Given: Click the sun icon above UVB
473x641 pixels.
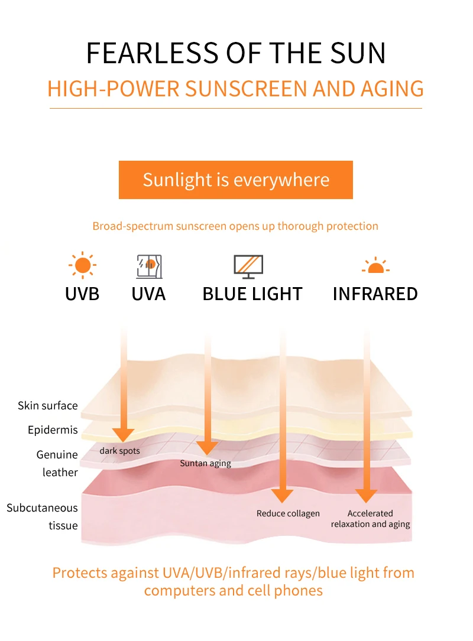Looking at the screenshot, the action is pyautogui.click(x=82, y=265).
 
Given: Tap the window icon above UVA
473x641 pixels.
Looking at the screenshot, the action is pyautogui.click(x=149, y=266).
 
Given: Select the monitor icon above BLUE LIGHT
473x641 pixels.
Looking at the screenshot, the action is pyautogui.click(x=248, y=266).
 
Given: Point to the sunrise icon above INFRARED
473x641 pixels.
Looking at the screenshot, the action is pyautogui.click(x=375, y=265).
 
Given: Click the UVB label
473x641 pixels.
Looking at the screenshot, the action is pyautogui.click(x=82, y=294).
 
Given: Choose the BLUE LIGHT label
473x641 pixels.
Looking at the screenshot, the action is pyautogui.click(x=252, y=294).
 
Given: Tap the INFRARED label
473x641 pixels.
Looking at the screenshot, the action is pyautogui.click(x=375, y=294).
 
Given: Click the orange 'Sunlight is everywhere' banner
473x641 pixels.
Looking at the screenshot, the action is pyautogui.click(x=236, y=180).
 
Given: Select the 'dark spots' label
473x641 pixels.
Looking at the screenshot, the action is pyautogui.click(x=120, y=451).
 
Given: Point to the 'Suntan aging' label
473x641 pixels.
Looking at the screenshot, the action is pyautogui.click(x=205, y=463).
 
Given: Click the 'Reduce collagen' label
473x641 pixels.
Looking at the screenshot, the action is pyautogui.click(x=288, y=513).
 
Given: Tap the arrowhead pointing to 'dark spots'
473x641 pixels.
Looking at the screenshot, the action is pyautogui.click(x=123, y=435).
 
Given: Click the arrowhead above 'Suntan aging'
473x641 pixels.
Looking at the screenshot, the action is pyautogui.click(x=208, y=448).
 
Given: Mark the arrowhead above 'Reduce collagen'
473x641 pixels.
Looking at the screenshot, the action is pyautogui.click(x=283, y=496).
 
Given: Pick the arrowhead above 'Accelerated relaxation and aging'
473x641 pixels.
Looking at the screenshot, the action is pyautogui.click(x=366, y=496).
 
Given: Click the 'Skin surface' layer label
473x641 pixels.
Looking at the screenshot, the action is pyautogui.click(x=48, y=405).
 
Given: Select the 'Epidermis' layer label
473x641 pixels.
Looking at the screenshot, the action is pyautogui.click(x=53, y=430).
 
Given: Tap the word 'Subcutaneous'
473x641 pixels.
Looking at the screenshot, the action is pyautogui.click(x=42, y=507).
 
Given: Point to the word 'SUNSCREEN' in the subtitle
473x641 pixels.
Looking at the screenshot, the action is pyautogui.click(x=246, y=89).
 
